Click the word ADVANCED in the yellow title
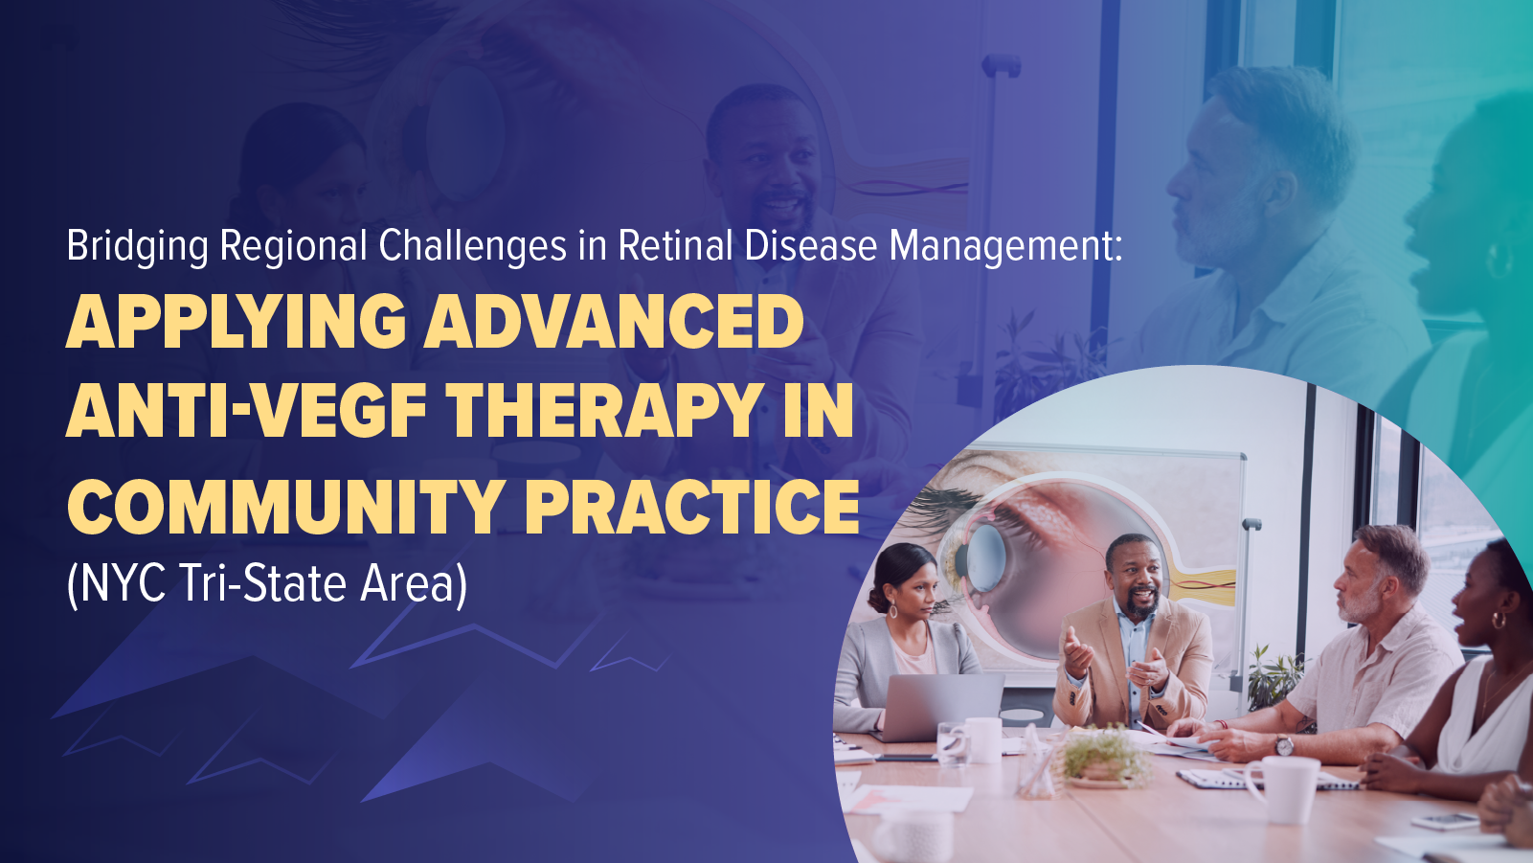pos(614,322)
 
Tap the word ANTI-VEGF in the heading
pos(246,412)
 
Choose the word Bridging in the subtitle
pos(137,246)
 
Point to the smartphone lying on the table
pos(1445,821)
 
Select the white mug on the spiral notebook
pos(1283,787)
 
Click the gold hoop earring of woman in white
pos(1498,621)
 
